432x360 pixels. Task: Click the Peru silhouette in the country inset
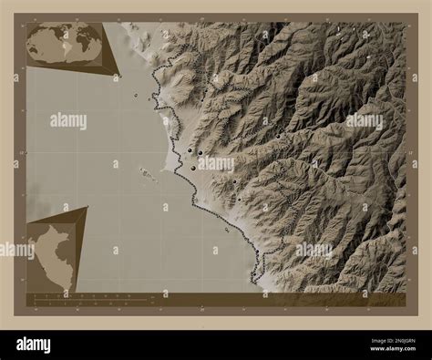click(x=49, y=259)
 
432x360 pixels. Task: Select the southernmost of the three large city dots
click(x=192, y=168)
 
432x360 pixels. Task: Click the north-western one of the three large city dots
click(x=189, y=149)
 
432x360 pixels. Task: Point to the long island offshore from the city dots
click(x=147, y=172)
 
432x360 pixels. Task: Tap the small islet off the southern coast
click(x=227, y=230)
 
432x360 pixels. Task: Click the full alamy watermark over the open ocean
click(x=68, y=120)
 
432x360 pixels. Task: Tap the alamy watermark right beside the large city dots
click(x=216, y=164)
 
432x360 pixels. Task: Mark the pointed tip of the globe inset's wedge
click(x=118, y=75)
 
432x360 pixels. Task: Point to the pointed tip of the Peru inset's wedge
click(x=87, y=208)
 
